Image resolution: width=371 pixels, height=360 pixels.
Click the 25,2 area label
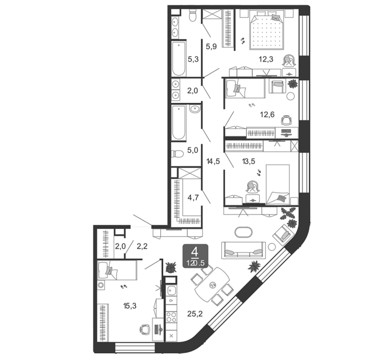[195, 314]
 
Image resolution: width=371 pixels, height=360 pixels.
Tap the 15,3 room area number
[130, 306]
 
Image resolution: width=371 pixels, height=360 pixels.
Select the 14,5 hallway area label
[213, 161]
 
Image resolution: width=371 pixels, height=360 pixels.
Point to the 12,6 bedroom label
[267, 114]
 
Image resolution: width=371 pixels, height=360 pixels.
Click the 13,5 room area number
[248, 161]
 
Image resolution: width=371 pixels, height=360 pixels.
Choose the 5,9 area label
[211, 46]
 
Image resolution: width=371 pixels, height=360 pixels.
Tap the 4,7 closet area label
[193, 197]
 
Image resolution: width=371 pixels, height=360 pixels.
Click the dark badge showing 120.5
[195, 256]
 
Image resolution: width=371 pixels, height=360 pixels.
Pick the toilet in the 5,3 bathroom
[193, 15]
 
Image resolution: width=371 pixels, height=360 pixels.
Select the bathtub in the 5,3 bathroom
[179, 59]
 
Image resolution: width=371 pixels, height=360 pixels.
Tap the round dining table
[212, 285]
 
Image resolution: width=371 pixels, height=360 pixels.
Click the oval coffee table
[243, 232]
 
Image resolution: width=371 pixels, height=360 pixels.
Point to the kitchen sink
[171, 291]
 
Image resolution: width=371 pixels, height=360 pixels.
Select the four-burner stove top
[171, 317]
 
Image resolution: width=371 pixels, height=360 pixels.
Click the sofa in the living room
[244, 250]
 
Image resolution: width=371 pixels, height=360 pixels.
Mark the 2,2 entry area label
[142, 246]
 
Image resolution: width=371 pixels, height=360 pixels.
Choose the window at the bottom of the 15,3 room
[135, 348]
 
